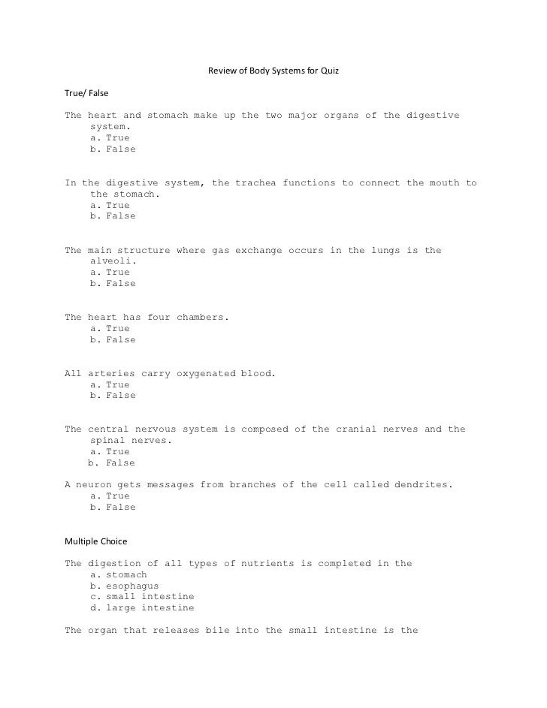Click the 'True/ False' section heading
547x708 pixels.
87,94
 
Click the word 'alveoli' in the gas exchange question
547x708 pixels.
112,261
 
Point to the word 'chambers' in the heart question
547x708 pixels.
201,318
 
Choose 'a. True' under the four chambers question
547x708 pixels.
110,329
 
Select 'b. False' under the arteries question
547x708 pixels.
113,396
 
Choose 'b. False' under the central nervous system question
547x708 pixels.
111,463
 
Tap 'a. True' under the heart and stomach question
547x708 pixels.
110,138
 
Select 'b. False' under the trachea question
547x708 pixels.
113,216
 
